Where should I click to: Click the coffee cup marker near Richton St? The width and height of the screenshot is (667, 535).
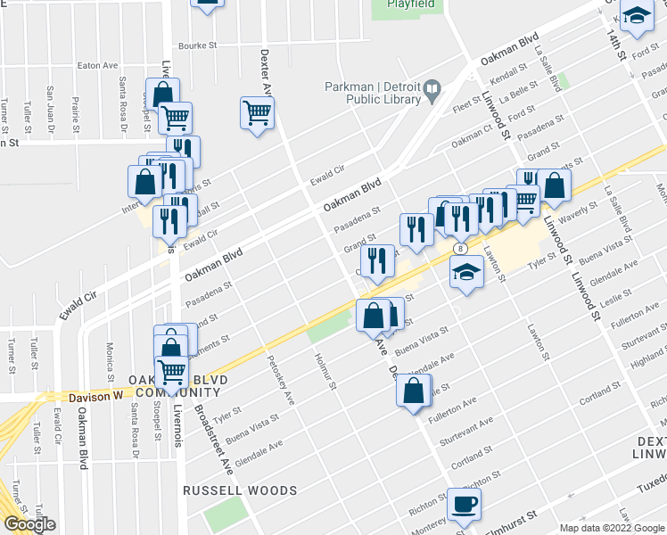463,505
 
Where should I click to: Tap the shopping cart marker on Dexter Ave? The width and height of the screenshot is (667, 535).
257,113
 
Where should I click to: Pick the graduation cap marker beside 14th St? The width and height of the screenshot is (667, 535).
636,16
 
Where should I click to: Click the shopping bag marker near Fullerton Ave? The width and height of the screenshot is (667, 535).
413,391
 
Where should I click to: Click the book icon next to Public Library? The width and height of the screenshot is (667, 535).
432,87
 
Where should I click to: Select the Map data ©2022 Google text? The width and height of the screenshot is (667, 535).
612,528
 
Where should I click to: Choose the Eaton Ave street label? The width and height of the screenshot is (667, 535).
98,65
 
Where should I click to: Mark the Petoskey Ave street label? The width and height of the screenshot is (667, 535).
279,381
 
